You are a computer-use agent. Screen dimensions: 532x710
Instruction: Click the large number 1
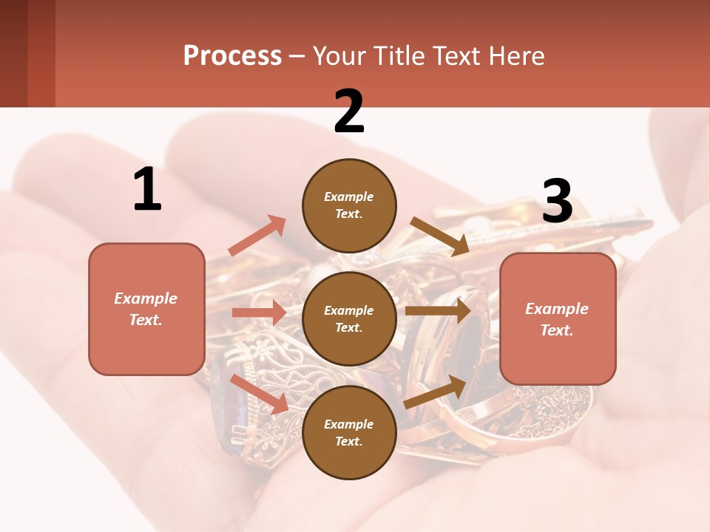tap(147, 190)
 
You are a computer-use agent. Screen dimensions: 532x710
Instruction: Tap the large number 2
tap(349, 112)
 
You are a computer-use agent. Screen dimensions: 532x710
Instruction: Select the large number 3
tap(557, 202)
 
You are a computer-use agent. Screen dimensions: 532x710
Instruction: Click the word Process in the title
tap(232, 55)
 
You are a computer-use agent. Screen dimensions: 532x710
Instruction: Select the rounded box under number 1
tap(146, 309)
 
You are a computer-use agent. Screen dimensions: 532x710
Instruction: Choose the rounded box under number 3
tap(558, 318)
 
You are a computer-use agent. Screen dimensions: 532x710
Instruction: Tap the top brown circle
tap(349, 205)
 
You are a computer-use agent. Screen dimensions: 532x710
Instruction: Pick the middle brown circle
tap(349, 318)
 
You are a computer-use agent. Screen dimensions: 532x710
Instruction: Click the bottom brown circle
tap(349, 432)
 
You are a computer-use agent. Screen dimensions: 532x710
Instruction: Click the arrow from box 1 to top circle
tap(257, 236)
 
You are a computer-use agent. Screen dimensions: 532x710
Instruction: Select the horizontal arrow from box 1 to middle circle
tap(259, 313)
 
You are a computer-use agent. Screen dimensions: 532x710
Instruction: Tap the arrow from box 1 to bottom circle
tap(259, 394)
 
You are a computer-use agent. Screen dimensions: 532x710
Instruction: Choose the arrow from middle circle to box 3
tap(438, 311)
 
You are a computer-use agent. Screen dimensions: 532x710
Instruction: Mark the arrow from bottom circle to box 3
tap(436, 392)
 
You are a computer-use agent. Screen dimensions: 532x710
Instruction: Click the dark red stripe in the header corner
tap(41, 53)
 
